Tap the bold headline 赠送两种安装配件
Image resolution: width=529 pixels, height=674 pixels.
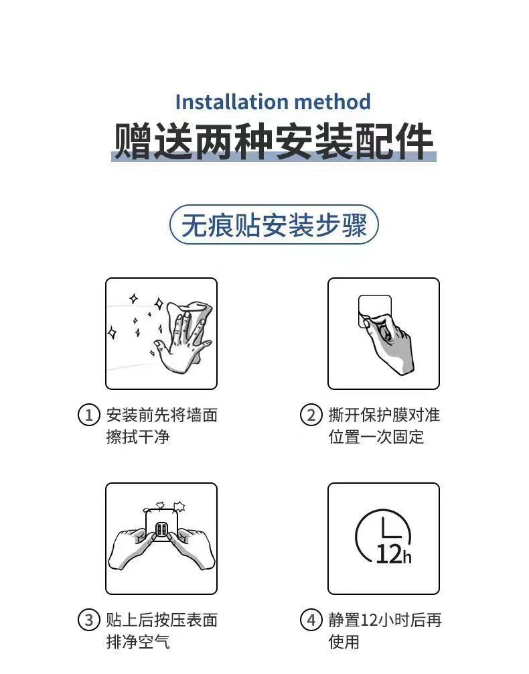click(x=273, y=141)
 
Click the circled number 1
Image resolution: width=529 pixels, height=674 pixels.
click(x=88, y=415)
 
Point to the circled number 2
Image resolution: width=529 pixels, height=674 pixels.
click(x=311, y=415)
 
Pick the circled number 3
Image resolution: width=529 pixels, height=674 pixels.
click(x=88, y=620)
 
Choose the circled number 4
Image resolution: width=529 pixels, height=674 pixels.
click(x=311, y=620)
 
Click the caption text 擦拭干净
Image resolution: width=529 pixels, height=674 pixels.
click(x=138, y=437)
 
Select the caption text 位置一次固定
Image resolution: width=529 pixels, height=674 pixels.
click(x=376, y=437)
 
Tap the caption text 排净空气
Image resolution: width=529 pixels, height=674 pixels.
click(x=138, y=643)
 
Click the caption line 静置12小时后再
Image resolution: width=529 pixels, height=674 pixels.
click(x=384, y=620)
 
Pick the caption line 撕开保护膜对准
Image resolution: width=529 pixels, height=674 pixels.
click(x=384, y=415)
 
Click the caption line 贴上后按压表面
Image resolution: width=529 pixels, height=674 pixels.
click(x=161, y=620)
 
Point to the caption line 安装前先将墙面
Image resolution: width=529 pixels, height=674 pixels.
click(x=161, y=415)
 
